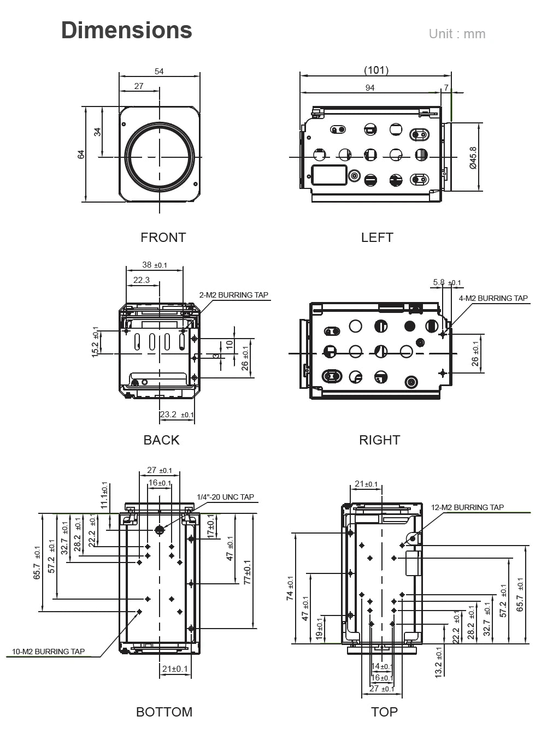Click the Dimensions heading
126,30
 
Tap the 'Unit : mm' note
457,34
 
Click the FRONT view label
163,238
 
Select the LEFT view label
376,238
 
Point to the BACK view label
161,440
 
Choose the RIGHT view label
379,440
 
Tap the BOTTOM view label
164,712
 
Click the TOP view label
384,712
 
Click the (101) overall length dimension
376,70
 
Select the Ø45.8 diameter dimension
473,157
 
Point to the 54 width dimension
159,71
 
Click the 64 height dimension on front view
81,155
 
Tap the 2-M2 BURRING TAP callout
233,295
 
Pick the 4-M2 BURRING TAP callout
493,298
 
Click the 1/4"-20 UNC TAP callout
225,497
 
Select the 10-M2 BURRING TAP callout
48,652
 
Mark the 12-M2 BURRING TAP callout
467,507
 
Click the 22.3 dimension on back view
142,280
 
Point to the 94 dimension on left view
370,87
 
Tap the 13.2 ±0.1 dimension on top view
439,661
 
